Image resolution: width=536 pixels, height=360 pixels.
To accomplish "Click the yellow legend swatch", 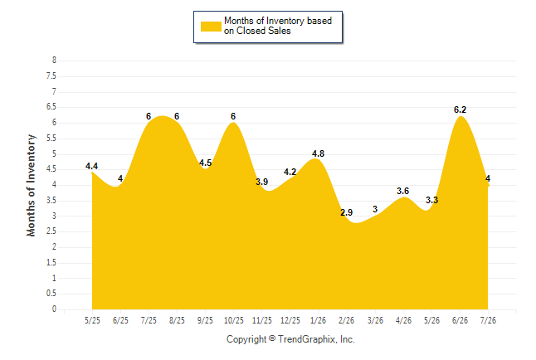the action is (x=211, y=27).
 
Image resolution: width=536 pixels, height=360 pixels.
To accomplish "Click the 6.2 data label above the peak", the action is (x=460, y=109).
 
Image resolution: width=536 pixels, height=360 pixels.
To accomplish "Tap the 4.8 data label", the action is (x=318, y=153).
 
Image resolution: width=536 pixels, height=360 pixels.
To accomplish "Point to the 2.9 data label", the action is (x=346, y=212).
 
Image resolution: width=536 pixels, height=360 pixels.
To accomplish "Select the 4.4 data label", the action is (x=91, y=166).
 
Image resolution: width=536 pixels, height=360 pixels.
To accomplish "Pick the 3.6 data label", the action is (x=402, y=191).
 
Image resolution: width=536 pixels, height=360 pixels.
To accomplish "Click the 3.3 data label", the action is (x=431, y=201).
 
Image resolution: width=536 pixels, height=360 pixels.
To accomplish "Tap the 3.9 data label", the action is (x=262, y=182).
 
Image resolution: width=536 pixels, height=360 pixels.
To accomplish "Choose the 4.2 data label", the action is (x=290, y=172).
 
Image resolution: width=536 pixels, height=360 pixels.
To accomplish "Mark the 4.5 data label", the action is (x=206, y=163).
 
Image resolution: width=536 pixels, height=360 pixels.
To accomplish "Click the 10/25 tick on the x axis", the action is (x=234, y=320).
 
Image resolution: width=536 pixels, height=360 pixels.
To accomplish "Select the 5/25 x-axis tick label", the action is (x=92, y=320).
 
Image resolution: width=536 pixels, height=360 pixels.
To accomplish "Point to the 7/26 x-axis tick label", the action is (x=488, y=320).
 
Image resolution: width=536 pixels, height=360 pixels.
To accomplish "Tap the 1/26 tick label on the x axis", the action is (x=319, y=320).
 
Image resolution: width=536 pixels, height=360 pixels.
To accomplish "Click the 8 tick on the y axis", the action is (x=54, y=61).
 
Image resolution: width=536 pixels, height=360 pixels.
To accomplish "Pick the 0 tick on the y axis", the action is (x=54, y=309).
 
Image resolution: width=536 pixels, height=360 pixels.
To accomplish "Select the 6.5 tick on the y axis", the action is (x=51, y=107).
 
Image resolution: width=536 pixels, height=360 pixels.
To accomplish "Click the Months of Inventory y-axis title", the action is (x=31, y=185).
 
